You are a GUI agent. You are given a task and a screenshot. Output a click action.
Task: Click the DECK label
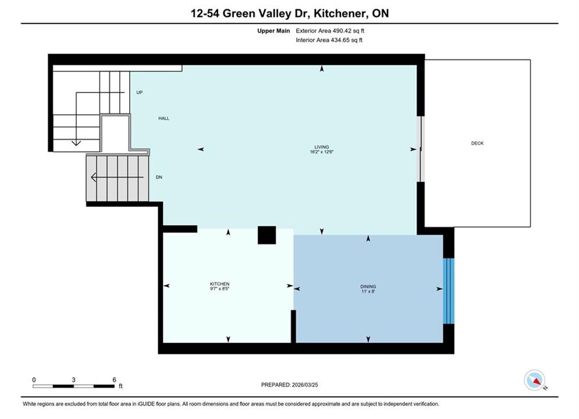(x=477, y=143)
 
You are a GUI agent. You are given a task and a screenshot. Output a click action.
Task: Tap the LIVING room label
(x=322, y=147)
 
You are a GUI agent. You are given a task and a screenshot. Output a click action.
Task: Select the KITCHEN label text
(x=220, y=284)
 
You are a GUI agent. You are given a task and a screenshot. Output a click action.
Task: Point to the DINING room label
(x=368, y=286)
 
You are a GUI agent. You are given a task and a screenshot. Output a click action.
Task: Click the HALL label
(x=164, y=119)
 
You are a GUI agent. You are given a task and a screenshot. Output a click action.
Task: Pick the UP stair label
(x=139, y=93)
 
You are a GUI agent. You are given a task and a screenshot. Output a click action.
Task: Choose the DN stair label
(x=159, y=177)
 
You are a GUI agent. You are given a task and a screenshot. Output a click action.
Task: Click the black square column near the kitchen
(x=267, y=235)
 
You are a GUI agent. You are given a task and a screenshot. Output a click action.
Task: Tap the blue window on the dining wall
(x=449, y=291)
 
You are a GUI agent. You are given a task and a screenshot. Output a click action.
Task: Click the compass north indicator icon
(x=534, y=380)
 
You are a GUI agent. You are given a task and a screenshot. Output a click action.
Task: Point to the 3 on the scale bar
(x=73, y=379)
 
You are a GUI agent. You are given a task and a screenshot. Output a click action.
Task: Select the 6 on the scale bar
(x=114, y=379)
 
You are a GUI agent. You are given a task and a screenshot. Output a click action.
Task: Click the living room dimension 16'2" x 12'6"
(x=322, y=152)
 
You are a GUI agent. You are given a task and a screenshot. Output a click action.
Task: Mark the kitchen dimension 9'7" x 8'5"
(x=220, y=289)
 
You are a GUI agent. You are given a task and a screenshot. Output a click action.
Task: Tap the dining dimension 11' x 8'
(x=368, y=292)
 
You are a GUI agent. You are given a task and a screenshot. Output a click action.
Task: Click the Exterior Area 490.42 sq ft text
(x=330, y=31)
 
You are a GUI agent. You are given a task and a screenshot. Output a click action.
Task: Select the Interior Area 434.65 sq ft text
(x=329, y=40)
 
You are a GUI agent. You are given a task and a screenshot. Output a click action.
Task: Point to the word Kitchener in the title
(x=341, y=13)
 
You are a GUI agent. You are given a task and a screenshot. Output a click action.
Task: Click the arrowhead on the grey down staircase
(x=94, y=177)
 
